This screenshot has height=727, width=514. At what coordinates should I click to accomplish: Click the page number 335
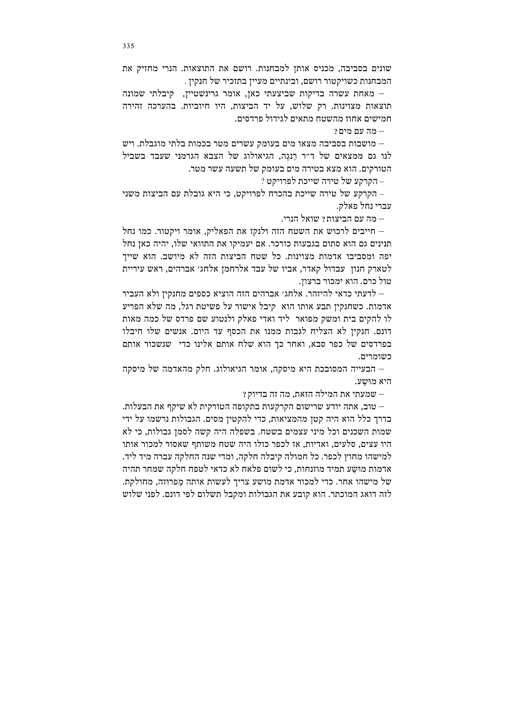click(128, 46)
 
